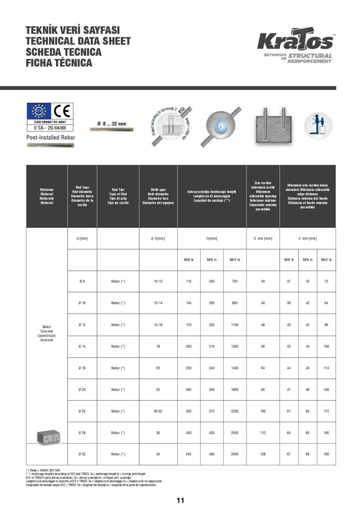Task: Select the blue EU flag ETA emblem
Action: pos(38,111)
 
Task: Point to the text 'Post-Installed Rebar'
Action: pos(51,138)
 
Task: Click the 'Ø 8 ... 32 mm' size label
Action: pos(112,124)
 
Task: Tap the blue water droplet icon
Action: pos(220,126)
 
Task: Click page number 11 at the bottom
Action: pos(181,500)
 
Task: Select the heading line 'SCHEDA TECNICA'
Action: pos(64,52)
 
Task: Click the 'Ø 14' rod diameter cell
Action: pos(82,347)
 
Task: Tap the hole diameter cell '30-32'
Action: pos(158,411)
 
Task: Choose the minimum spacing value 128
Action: pos(263,454)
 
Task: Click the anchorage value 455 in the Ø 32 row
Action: pos(189,454)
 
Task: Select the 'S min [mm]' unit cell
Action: pos(263,239)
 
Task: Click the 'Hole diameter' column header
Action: pos(158,196)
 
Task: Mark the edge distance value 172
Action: pos(325,411)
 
